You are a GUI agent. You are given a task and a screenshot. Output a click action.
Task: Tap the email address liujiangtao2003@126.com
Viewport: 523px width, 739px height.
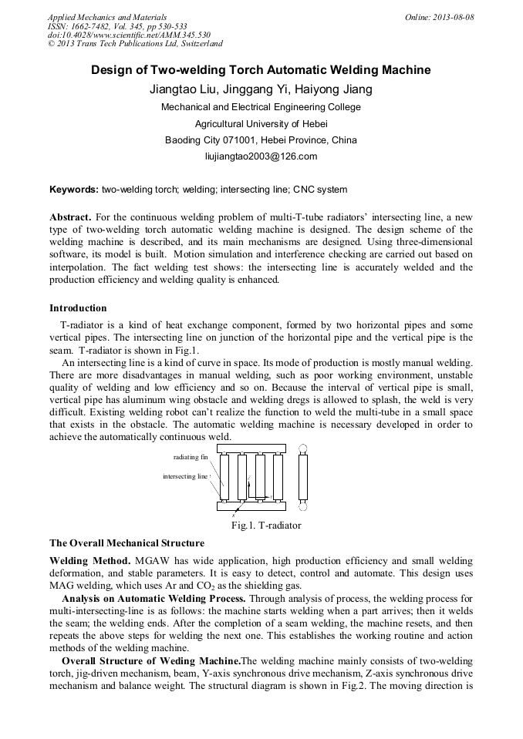261,156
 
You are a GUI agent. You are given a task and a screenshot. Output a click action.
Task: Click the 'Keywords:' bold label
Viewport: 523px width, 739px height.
74,190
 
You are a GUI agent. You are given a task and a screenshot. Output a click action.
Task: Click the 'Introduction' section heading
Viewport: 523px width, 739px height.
78,308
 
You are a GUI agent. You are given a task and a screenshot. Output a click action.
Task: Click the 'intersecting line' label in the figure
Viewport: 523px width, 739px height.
185,476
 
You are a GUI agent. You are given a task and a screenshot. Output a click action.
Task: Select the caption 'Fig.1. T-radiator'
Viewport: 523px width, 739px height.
266,526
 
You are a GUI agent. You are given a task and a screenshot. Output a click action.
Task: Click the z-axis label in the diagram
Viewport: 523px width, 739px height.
249,479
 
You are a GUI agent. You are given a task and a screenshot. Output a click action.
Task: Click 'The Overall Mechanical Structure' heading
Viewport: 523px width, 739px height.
127,542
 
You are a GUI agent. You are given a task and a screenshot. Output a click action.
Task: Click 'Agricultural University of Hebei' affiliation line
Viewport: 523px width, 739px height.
261,123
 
